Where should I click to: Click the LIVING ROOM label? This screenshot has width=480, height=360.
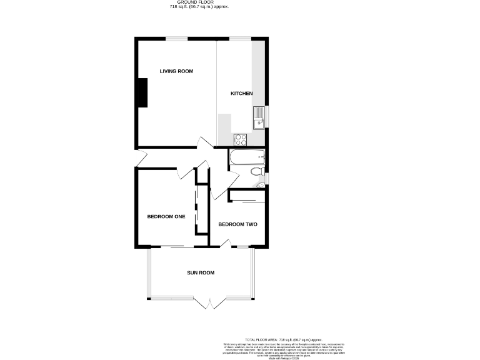[176, 71]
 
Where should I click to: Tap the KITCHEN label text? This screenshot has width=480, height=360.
[241, 94]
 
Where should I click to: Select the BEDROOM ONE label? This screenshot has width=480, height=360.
[166, 217]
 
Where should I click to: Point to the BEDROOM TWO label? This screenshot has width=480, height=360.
[237, 224]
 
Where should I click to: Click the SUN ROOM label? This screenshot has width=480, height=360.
[201, 272]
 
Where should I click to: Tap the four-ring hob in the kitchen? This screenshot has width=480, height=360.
[241, 139]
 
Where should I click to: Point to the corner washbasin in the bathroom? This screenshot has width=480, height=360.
[261, 183]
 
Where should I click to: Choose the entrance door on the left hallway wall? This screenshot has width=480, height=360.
[141, 159]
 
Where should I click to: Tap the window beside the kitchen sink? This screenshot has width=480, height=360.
[267, 115]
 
